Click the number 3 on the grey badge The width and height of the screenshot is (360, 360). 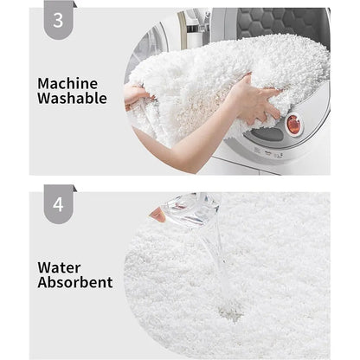click(x=58, y=20)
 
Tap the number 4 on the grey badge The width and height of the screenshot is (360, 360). click(x=58, y=204)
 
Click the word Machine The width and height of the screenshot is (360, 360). click(x=67, y=84)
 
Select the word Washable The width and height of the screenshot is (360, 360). click(x=72, y=98)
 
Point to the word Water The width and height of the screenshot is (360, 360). click(x=59, y=268)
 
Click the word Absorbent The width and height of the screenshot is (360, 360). click(x=75, y=282)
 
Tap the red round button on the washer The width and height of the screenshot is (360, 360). click(x=293, y=125)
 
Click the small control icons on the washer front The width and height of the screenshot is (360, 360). click(x=268, y=152)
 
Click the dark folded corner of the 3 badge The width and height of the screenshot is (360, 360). click(x=75, y=4)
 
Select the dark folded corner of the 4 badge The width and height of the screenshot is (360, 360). click(x=75, y=189)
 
